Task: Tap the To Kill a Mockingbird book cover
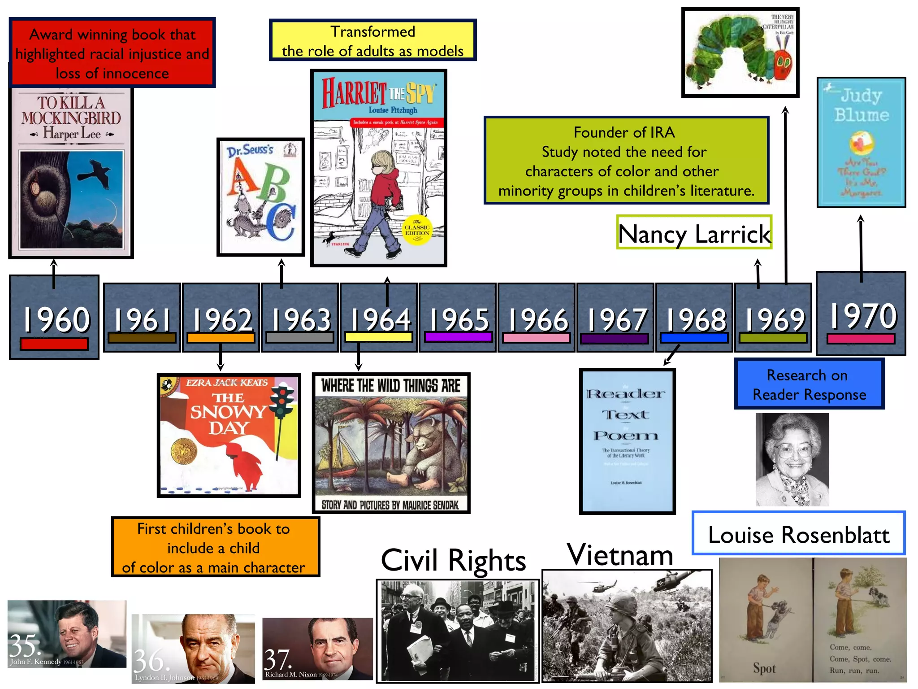click(71, 170)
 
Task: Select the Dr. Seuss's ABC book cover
click(261, 197)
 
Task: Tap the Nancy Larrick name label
click(694, 233)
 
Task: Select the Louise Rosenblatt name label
click(798, 534)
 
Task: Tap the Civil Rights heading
click(453, 560)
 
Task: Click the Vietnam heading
click(620, 555)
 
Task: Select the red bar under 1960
click(54, 344)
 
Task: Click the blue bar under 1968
click(694, 338)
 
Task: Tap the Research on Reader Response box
click(809, 384)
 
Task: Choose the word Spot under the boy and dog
click(764, 668)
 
